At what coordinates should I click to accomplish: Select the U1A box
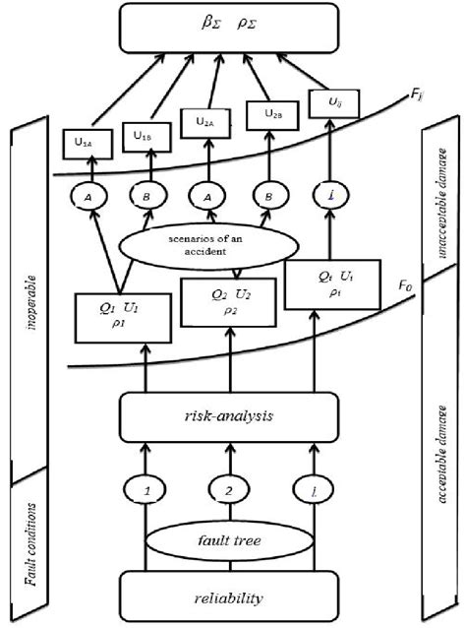coord(84,143)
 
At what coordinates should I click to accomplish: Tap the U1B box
coord(145,136)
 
